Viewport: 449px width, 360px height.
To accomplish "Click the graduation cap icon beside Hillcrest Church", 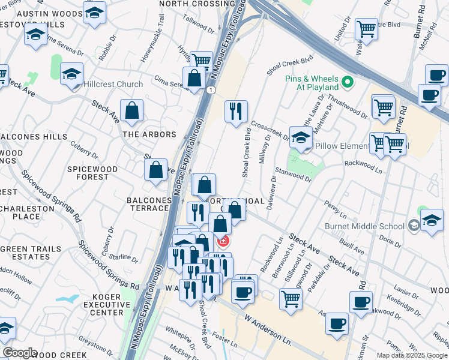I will tap(72, 74).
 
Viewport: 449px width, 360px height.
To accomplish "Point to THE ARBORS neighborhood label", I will tap(149, 134).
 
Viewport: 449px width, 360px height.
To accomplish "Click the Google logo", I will tap(19, 353).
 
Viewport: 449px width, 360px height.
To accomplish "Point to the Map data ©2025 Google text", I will tap(411, 355).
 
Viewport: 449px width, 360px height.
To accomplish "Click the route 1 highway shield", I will tap(211, 89).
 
